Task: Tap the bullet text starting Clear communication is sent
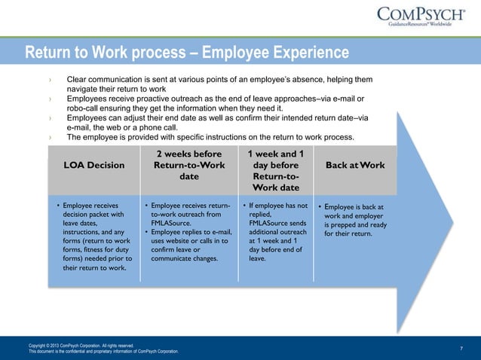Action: coord(219,84)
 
